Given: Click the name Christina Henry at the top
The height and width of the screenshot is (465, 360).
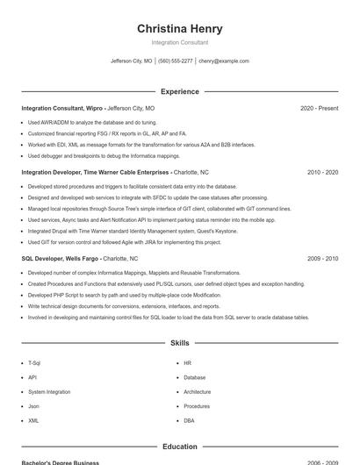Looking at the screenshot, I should coord(179,28).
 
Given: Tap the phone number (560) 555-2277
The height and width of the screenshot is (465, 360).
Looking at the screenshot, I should coord(176,61).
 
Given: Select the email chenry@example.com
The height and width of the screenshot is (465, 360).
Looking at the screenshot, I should coord(224,61).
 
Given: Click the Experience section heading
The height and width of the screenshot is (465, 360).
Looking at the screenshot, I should coord(179,91).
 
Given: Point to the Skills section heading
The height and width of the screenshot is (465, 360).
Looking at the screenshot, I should coord(179,343).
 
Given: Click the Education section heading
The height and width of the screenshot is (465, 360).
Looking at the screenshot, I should coord(179,447).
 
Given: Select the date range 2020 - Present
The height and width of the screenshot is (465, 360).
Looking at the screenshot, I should coord(319,109).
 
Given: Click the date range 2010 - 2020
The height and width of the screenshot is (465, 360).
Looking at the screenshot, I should coord(322,173).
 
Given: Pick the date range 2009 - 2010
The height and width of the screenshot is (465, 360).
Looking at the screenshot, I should coord(322,259).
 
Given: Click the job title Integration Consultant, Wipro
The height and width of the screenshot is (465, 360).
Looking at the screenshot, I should coord(61,109).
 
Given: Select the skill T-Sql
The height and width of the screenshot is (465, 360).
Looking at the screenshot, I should coord(34,362).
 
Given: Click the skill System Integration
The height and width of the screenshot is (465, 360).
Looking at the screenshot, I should coord(49,391).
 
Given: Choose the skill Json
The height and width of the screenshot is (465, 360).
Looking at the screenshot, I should coord(33,406).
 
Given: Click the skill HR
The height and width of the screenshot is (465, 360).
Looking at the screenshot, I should coord(187,362).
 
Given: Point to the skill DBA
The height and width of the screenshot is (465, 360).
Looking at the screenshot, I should coord(189,420).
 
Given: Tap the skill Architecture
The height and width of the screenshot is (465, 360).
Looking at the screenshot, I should coord(197,391).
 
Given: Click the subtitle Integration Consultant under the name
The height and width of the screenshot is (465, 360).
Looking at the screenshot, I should coord(179,42).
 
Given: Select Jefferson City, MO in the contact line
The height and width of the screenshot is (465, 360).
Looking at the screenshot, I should coord(132,61).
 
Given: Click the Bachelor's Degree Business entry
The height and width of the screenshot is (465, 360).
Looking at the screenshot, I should coord(61,461).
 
